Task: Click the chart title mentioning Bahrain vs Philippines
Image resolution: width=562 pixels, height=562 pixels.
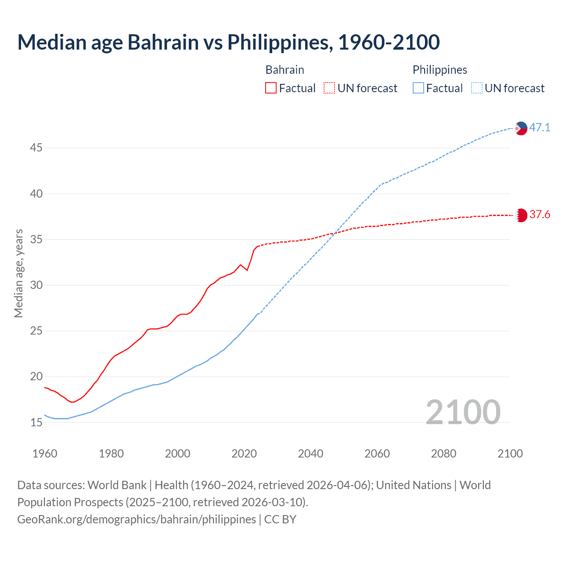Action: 228,42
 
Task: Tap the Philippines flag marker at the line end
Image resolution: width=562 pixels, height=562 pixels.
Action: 521,128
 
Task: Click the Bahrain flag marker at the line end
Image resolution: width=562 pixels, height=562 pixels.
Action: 521,215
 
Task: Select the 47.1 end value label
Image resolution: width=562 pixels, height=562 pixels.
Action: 540,128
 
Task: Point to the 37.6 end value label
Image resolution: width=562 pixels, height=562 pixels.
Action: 540,215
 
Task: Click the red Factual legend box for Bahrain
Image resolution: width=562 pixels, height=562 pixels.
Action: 271,88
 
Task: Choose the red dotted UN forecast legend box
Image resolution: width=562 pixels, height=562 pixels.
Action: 329,88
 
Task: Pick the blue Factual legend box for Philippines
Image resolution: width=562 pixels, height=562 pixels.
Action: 418,88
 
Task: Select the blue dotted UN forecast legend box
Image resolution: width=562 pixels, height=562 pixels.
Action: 476,88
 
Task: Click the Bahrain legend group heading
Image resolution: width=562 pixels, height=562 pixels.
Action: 285,70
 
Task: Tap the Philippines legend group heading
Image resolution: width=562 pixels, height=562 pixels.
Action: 440,70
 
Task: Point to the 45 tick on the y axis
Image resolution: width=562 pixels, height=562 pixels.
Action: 36,148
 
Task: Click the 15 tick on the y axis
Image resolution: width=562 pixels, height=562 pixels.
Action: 36,422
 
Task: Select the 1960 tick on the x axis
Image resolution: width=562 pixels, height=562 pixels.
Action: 45,454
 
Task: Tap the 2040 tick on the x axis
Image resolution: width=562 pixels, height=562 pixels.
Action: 310,454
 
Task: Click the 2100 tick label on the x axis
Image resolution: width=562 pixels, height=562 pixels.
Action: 510,454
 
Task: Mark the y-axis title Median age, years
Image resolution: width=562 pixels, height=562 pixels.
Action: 18,273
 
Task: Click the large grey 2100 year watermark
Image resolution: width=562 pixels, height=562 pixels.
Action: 463,412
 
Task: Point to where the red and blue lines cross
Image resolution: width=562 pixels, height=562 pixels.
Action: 335,233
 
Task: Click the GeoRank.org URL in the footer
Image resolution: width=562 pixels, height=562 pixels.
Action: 137,519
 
